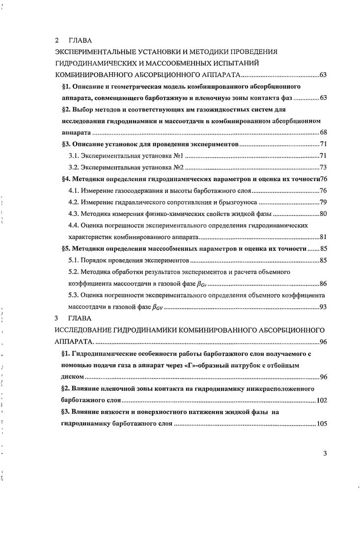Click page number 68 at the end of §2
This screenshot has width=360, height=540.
pos(323,133)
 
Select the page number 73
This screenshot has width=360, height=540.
pos(323,167)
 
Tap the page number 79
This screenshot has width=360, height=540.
pos(323,202)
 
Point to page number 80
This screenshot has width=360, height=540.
pos(323,214)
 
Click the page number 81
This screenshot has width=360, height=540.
pos(323,237)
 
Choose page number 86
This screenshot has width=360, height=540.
pos(323,284)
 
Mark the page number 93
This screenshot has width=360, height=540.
pos(323,307)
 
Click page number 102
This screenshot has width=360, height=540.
pos(322,400)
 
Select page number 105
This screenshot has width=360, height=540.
pos(322,424)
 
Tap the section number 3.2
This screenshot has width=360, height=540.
pos(74,167)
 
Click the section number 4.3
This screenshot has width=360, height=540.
pos(74,214)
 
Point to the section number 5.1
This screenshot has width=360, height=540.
pos(74,260)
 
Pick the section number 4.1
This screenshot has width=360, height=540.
pos(74,190)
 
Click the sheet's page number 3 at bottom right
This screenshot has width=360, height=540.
pos(325,453)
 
